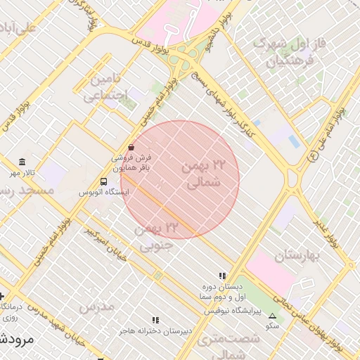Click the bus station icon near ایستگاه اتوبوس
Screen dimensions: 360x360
(104, 181)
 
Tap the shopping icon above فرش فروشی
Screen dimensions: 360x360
(131, 147)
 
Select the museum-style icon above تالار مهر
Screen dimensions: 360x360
(22, 162)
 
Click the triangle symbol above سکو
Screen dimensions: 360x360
(272, 316)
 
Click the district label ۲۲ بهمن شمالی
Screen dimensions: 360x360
(205, 174)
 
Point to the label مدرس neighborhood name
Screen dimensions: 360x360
(96, 307)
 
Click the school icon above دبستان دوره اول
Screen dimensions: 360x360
(222, 276)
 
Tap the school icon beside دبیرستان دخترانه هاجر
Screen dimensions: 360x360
(155, 320)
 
